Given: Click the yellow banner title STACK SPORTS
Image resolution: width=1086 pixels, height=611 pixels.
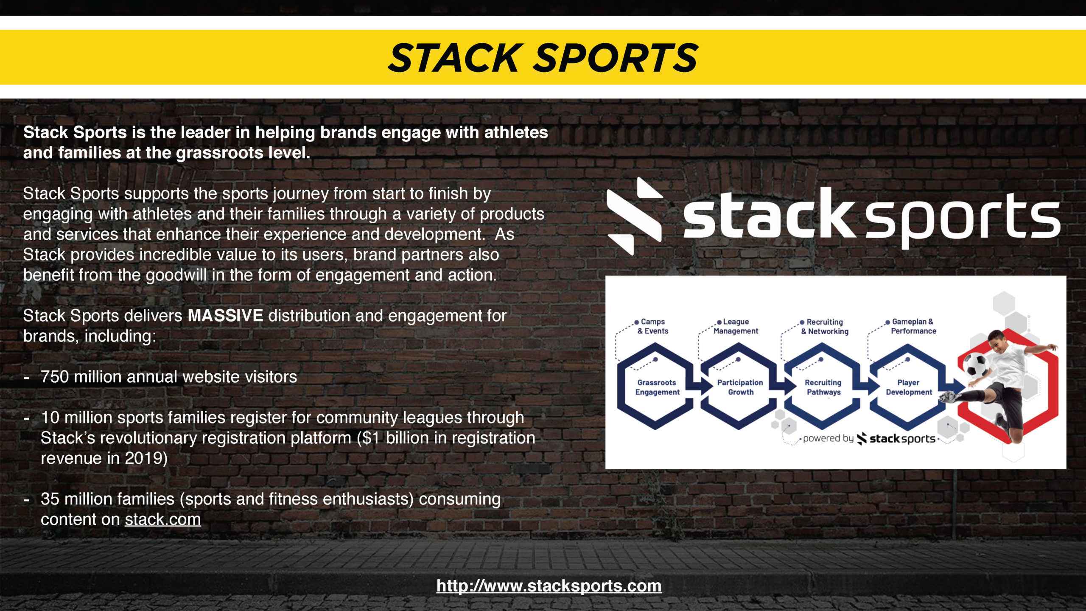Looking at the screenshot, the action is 543,58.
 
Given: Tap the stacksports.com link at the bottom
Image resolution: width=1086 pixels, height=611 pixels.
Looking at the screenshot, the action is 549,586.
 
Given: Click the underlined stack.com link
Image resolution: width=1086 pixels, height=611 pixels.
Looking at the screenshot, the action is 163,519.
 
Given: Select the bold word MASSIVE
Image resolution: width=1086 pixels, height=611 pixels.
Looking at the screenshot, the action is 225,316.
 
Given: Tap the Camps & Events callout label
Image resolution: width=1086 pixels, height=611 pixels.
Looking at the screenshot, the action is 653,326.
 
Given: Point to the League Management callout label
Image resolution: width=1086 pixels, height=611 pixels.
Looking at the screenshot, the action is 736,326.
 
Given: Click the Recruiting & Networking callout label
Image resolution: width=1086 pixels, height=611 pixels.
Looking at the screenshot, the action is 825,327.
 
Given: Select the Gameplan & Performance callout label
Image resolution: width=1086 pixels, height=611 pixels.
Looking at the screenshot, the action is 913,326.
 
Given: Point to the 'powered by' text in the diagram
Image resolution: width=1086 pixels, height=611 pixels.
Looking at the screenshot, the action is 828,438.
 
